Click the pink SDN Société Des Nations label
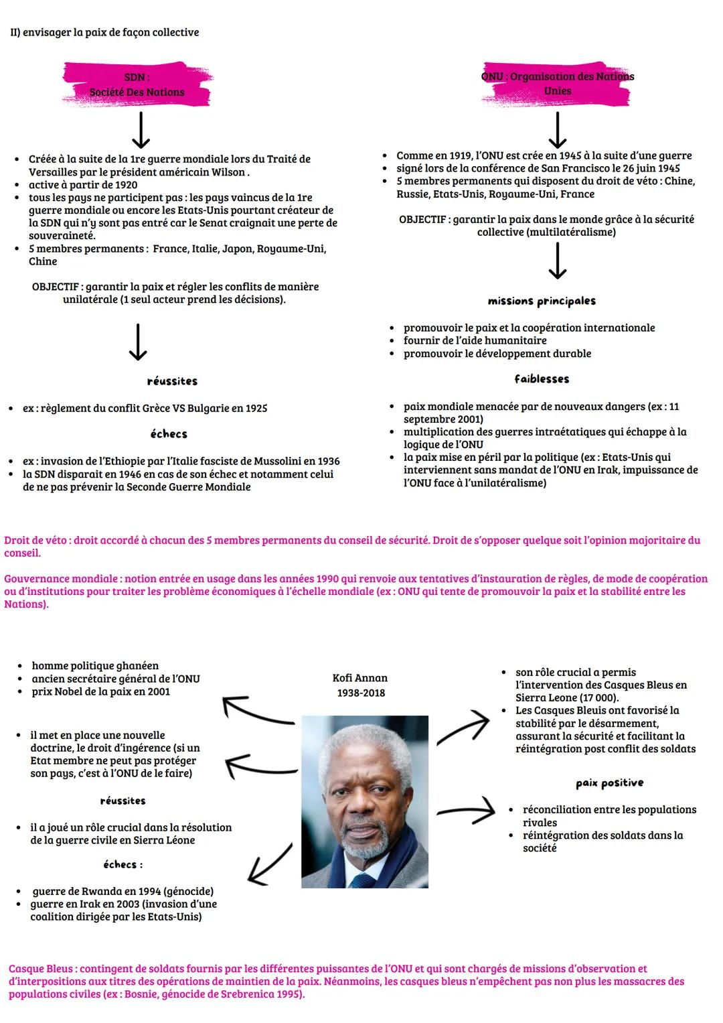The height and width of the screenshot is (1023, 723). [x=137, y=85]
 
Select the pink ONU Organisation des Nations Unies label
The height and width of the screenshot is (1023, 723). [x=558, y=83]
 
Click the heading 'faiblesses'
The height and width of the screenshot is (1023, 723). [x=542, y=379]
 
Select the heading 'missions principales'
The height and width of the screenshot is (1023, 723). [x=542, y=301]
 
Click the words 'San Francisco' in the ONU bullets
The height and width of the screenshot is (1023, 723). [x=576, y=168]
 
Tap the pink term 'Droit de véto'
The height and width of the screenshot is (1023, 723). [x=36, y=540]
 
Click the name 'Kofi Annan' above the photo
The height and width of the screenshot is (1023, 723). [x=360, y=678]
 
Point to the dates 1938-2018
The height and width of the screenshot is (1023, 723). [x=361, y=693]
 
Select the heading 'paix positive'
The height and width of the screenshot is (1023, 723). [x=609, y=783]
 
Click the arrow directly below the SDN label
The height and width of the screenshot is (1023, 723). [x=141, y=130]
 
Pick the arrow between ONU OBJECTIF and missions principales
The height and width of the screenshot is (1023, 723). [x=557, y=261]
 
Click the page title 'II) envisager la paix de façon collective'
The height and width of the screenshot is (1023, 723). [x=104, y=32]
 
